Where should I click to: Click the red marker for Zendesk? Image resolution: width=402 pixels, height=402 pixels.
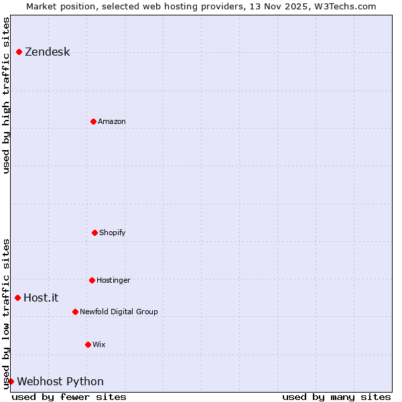point(19,52)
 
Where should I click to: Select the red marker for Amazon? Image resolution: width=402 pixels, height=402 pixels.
point(93,121)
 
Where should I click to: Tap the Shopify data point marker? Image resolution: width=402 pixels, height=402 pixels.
point(94,232)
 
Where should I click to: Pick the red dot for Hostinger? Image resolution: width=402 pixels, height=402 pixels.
point(92,280)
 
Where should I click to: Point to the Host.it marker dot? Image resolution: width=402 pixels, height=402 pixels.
point(17,297)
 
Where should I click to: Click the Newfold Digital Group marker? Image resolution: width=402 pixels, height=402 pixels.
point(75,312)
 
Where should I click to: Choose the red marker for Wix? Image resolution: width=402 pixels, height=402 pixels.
point(88,344)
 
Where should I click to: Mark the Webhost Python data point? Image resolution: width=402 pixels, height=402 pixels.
point(11,381)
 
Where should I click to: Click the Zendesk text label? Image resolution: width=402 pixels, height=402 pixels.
point(47,52)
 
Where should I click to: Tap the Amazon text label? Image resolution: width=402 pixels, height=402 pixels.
point(112,121)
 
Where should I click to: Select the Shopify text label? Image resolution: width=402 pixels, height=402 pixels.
point(113,232)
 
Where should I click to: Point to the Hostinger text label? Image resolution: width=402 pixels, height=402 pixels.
point(113,280)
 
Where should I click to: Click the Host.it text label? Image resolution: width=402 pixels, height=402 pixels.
point(41,298)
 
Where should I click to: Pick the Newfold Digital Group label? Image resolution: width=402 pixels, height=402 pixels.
point(119,312)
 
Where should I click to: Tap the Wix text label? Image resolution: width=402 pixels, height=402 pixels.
point(99,344)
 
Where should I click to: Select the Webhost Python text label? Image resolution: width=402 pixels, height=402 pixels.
point(60,382)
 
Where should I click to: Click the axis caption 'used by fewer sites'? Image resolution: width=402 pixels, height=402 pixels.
point(69,397)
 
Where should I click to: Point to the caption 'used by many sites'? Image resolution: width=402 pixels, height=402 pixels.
point(336,397)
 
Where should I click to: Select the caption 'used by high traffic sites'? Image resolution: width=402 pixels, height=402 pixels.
point(6,95)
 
